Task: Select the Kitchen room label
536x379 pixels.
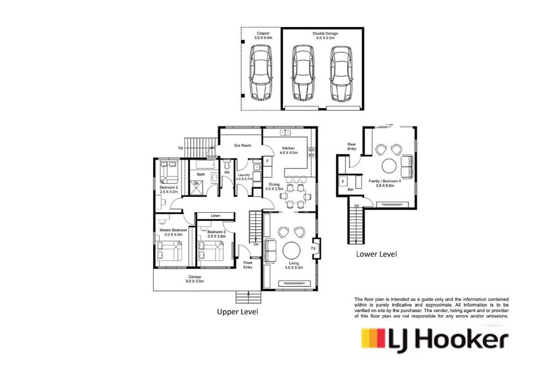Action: [x=288, y=150]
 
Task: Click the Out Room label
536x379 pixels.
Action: [x=243, y=145]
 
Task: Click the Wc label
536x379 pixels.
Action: [x=227, y=172]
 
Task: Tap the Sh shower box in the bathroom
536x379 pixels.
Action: [x=196, y=183]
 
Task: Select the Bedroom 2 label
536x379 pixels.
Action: [x=169, y=190]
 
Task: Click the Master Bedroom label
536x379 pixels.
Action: [x=172, y=232]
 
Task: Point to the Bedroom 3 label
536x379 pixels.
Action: [x=216, y=233]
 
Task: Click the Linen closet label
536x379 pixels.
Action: [x=215, y=216]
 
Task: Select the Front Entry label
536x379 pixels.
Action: [x=247, y=264]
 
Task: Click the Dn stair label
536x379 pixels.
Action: [x=256, y=245]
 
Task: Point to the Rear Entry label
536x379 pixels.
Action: [x=352, y=146]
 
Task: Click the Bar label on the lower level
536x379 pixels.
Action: [x=351, y=190]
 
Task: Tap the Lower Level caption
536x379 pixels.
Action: [x=376, y=254]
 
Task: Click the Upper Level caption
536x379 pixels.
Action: [x=237, y=312]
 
